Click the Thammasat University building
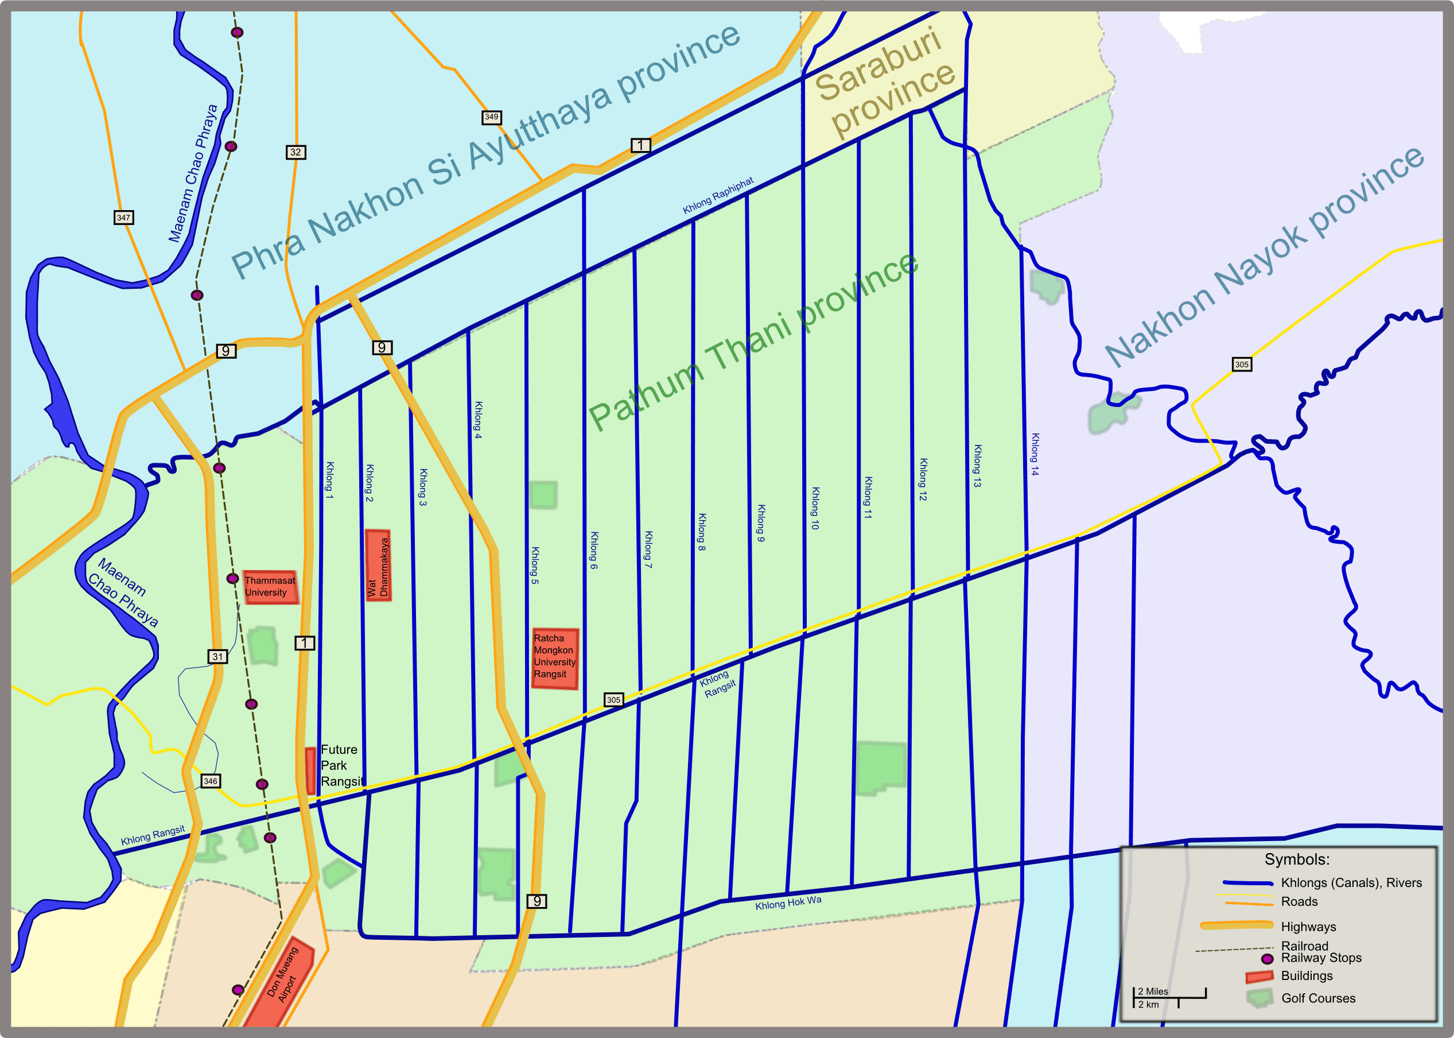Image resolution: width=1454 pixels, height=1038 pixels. pos(270,587)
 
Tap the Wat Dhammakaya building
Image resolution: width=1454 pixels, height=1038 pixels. pos(378,566)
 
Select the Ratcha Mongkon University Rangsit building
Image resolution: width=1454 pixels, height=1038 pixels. pos(554,659)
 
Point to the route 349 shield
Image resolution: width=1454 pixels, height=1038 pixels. pos(491,117)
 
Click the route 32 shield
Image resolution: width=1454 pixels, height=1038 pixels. pos(295,152)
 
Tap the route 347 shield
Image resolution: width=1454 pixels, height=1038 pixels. pos(123,218)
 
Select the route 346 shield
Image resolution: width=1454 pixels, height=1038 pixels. pos(210,781)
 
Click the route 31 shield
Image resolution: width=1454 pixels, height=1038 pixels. pos(218,656)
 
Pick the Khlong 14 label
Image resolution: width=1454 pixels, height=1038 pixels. pos(1035,455)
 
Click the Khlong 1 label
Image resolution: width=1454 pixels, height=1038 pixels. pos(329,480)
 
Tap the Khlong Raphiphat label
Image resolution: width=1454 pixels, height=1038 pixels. pos(718,196)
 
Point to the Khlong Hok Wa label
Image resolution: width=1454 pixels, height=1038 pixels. pos(788,903)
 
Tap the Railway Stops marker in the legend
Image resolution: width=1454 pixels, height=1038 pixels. pos(1267,959)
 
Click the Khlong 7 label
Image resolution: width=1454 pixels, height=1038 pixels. pos(648,549)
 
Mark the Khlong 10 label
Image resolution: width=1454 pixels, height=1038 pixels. pos(815,508)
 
